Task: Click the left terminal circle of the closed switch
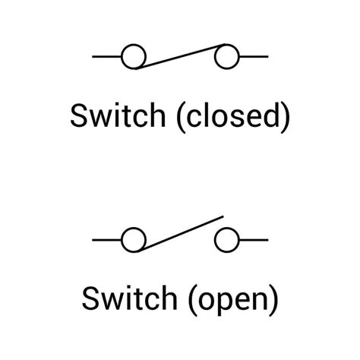134,56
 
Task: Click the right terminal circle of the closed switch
226,56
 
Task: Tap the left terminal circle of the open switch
134,240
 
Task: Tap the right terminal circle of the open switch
226,240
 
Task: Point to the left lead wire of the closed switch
107,56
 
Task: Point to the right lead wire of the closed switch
253,56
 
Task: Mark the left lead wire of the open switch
107,240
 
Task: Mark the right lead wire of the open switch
253,240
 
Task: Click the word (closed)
233,118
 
